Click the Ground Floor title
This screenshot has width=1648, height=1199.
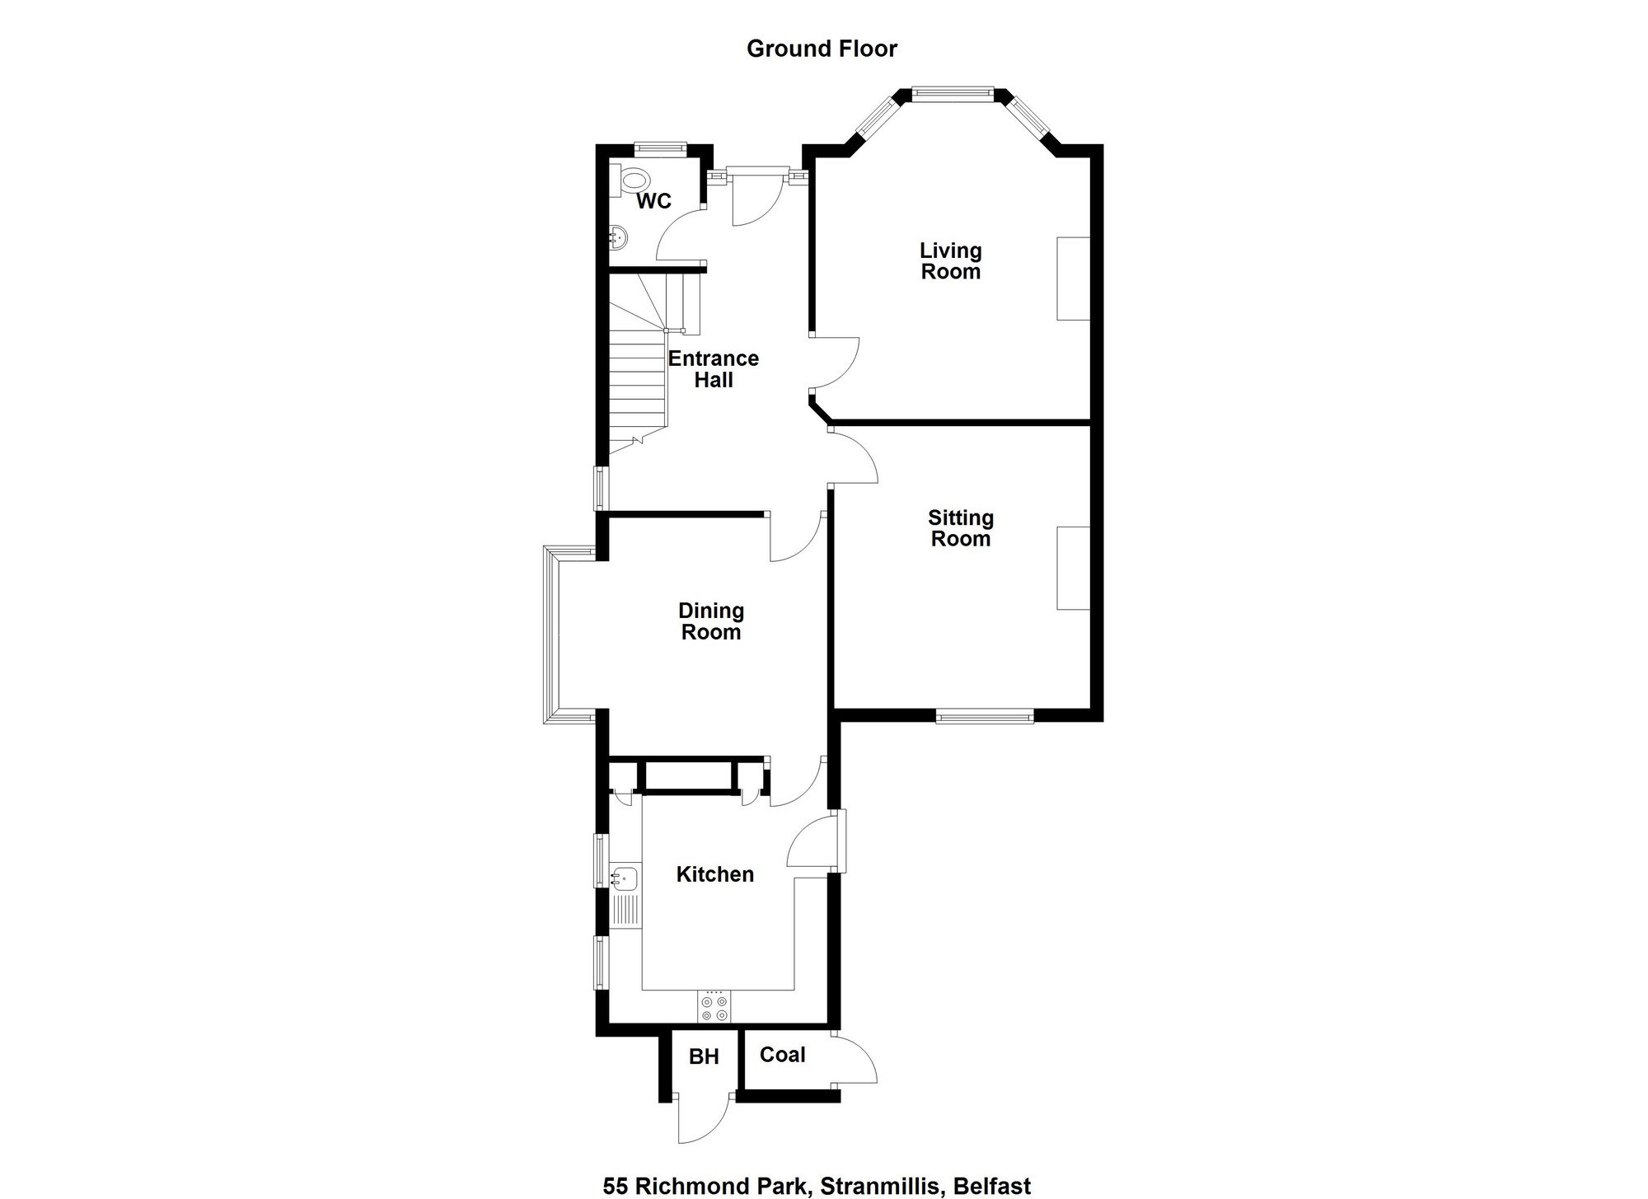coord(822,49)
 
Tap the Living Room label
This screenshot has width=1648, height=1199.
coord(951,260)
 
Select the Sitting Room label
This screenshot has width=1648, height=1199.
coord(961,528)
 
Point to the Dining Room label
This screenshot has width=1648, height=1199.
coord(711,621)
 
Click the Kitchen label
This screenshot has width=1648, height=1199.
coord(715,874)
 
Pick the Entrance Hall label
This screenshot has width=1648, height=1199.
coord(714,369)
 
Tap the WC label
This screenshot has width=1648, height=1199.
coord(653,201)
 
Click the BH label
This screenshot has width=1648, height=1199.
coord(704,1056)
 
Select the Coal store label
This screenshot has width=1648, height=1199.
coord(783,1055)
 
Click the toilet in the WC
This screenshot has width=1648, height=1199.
coord(631,180)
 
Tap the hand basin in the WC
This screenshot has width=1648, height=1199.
coord(619,237)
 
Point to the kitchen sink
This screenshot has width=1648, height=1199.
coord(625,878)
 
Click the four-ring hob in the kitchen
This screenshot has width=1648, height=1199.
coord(714,1007)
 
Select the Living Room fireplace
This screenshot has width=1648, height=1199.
coord(1074,279)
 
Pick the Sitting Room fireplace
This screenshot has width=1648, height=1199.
coord(1074,568)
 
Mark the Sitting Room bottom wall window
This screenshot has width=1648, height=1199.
coord(985,717)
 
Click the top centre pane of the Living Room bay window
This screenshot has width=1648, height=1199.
coord(953,94)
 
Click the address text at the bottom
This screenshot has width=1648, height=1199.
coord(817,1187)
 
